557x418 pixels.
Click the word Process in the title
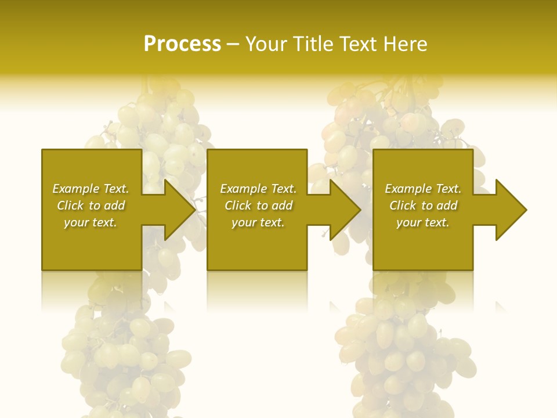click(182, 44)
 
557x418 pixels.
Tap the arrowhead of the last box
click(511, 210)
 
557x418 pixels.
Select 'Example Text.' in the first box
click(91, 189)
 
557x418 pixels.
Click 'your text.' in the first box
click(91, 222)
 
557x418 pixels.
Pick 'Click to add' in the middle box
click(258, 206)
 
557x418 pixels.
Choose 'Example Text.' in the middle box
click(258, 189)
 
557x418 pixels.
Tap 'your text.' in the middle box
click(258, 222)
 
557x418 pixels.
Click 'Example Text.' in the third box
click(423, 189)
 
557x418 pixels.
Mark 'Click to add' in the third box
click(423, 206)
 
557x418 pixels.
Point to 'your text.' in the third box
click(423, 222)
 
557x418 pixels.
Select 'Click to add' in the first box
click(91, 206)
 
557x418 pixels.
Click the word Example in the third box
click(408, 189)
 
